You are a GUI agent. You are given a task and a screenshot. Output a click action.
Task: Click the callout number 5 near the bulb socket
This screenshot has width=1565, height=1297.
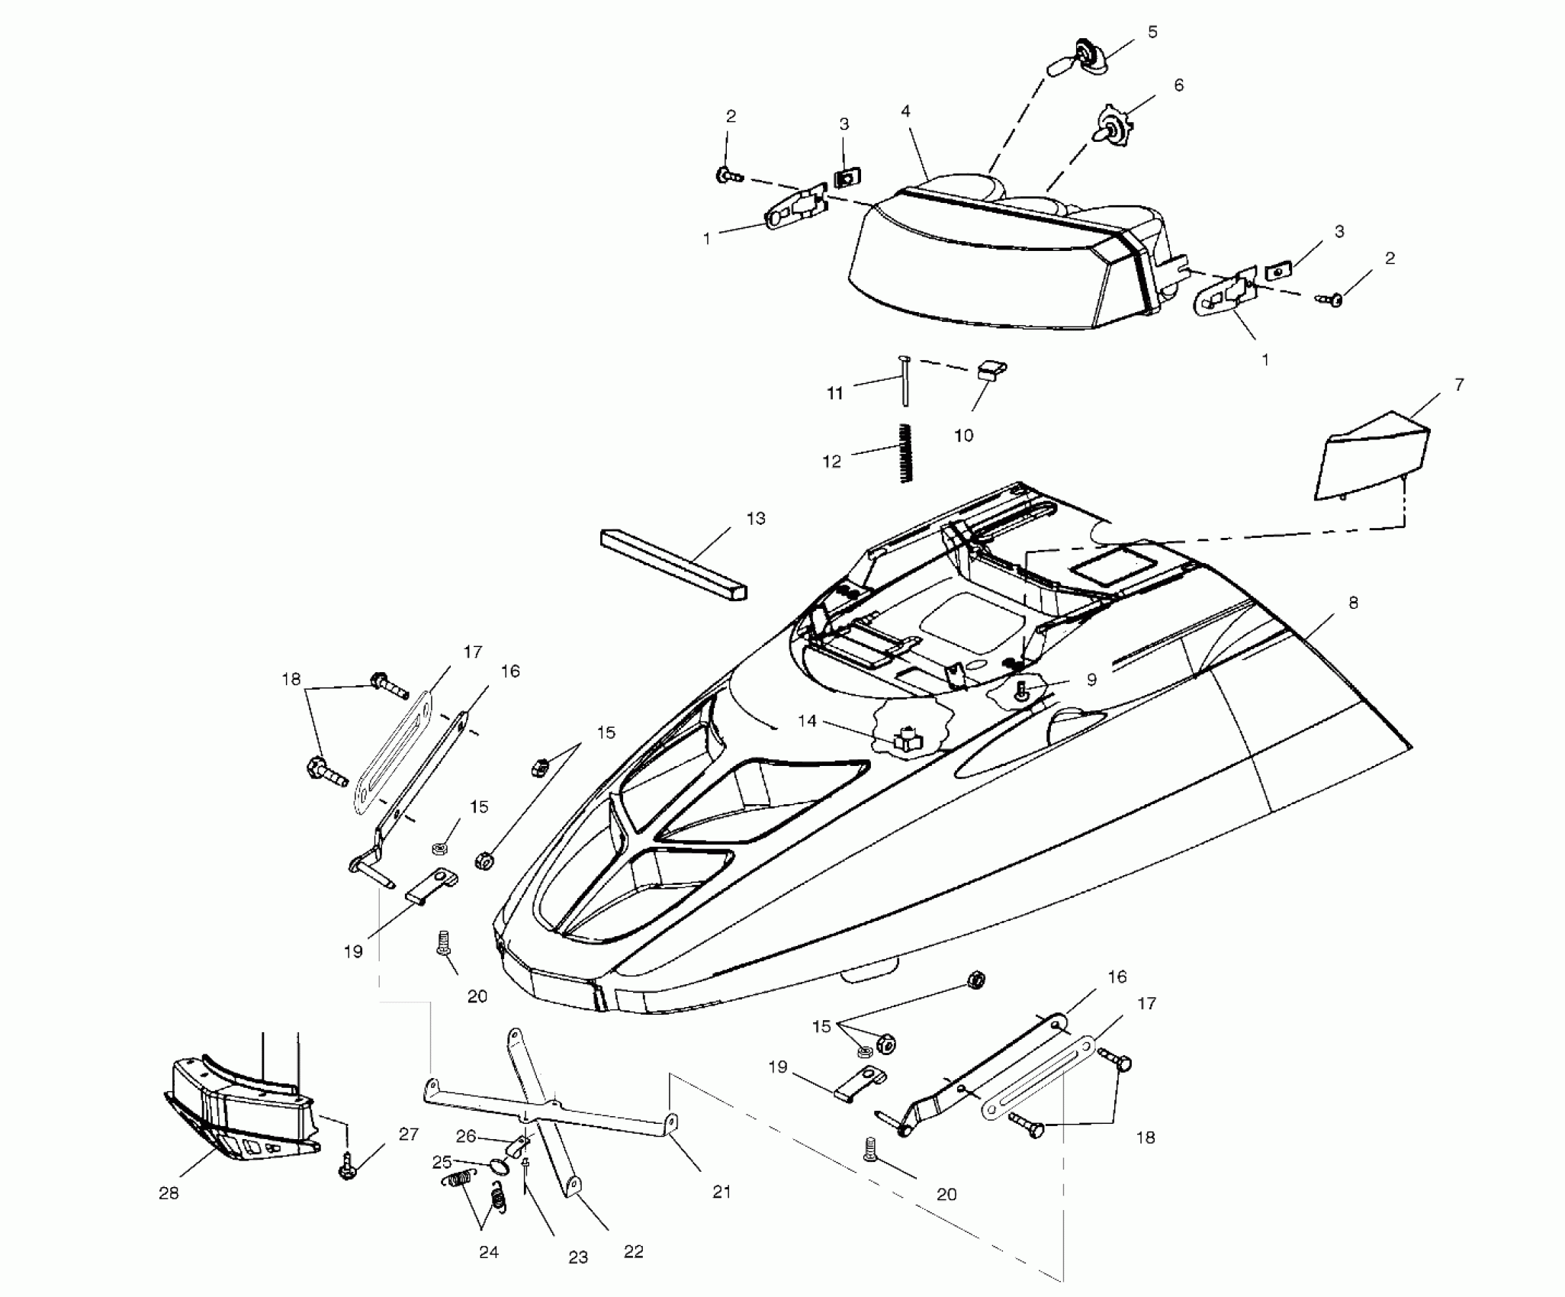coord(1152,32)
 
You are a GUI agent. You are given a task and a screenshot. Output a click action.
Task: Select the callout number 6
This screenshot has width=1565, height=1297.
coord(1178,85)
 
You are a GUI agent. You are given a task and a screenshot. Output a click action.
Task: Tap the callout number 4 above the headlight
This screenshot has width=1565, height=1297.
coord(905,112)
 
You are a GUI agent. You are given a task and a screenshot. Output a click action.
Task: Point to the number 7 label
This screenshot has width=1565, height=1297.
coord(1459,385)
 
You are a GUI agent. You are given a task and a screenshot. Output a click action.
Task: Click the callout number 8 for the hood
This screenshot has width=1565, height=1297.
coord(1353,603)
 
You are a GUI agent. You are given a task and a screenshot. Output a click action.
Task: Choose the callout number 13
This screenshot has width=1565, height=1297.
coord(755,519)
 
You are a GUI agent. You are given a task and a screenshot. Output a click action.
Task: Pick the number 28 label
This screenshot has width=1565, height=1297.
coord(169,1193)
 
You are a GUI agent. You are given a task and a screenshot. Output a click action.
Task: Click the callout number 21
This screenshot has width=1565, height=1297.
coord(721,1192)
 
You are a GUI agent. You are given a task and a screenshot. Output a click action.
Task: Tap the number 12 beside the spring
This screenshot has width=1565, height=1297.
coord(831,462)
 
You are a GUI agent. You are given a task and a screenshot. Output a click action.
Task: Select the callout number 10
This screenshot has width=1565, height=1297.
coord(963,436)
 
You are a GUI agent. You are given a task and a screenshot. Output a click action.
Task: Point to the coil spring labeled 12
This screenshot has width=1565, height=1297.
coord(905,452)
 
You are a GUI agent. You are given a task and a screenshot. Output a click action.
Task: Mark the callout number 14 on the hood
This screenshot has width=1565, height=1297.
coord(807,721)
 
